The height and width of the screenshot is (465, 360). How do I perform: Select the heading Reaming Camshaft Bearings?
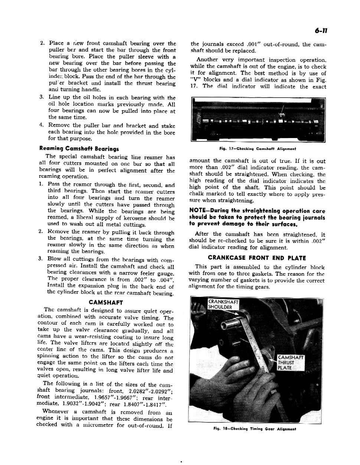pos(79,148)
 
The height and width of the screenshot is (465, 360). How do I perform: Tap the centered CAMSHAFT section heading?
pos(108,302)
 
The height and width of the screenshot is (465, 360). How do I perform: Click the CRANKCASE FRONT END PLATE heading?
pos(257,258)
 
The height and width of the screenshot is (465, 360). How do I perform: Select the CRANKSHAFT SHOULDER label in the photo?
pos(223,304)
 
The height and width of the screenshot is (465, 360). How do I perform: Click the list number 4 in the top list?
pos(42,125)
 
